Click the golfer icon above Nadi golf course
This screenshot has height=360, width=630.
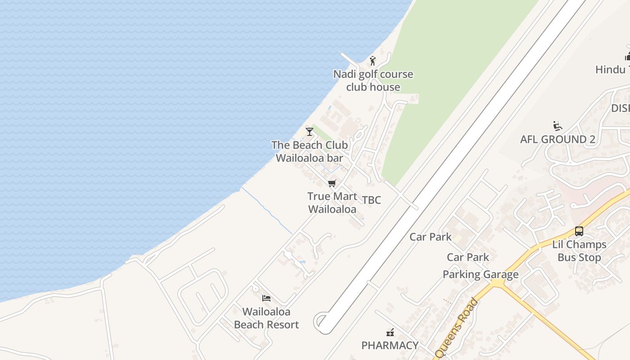(x=373, y=61)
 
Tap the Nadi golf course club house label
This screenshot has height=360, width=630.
(x=373, y=81)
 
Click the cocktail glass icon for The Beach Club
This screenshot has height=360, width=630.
(x=310, y=131)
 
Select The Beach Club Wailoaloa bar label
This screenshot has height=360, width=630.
(x=310, y=152)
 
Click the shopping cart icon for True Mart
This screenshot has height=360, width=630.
(x=332, y=183)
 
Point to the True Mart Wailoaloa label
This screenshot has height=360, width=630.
(x=332, y=202)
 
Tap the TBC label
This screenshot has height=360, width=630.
(x=372, y=200)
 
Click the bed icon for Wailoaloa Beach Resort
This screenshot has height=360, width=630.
(x=266, y=298)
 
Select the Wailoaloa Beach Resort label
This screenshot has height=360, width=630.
(x=266, y=318)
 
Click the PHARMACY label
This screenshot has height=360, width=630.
(x=390, y=346)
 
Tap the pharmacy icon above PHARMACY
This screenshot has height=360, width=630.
(x=390, y=333)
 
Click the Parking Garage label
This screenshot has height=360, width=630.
(x=481, y=274)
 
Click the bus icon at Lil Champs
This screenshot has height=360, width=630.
(x=579, y=231)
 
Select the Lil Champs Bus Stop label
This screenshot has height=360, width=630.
(x=579, y=251)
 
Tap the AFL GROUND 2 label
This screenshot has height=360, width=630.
(x=558, y=139)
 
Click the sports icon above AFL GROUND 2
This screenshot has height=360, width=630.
(x=558, y=126)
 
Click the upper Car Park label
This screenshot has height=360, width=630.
(x=431, y=237)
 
